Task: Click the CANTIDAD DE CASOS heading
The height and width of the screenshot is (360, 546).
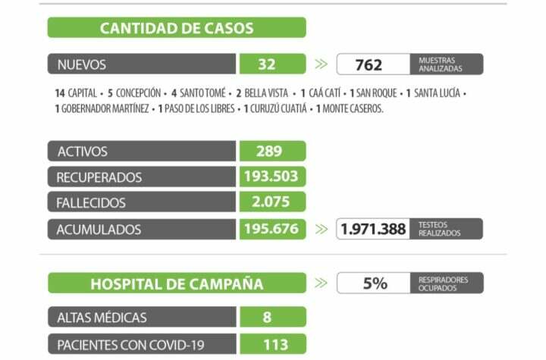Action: coord(177,29)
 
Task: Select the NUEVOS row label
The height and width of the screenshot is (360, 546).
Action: coord(82,64)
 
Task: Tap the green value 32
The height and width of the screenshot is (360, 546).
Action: coord(266,64)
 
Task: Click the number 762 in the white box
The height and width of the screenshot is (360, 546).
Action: coord(369,64)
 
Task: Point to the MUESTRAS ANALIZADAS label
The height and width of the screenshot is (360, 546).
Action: coord(439,64)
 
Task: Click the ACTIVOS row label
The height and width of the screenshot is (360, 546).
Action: coord(83,152)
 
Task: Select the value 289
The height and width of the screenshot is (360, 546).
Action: coord(268,152)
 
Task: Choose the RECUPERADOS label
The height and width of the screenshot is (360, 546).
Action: coord(99,177)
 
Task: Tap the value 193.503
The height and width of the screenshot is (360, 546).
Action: coord(272,177)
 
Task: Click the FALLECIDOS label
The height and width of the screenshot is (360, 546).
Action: coord(91,203)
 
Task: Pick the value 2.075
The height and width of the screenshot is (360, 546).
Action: coord(272,203)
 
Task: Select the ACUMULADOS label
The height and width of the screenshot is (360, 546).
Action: coord(99,229)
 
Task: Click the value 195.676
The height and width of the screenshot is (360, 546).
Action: coord(272,229)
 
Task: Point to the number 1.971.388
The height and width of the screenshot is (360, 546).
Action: coord(373,229)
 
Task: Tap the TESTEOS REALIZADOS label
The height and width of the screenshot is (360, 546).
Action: coord(439,229)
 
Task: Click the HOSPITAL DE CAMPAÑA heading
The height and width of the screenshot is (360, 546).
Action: coord(177,284)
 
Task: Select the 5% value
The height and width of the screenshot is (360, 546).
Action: coord(375,283)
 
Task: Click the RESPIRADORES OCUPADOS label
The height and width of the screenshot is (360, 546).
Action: coord(444,283)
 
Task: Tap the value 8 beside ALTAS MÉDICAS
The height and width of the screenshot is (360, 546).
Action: coord(267,318)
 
